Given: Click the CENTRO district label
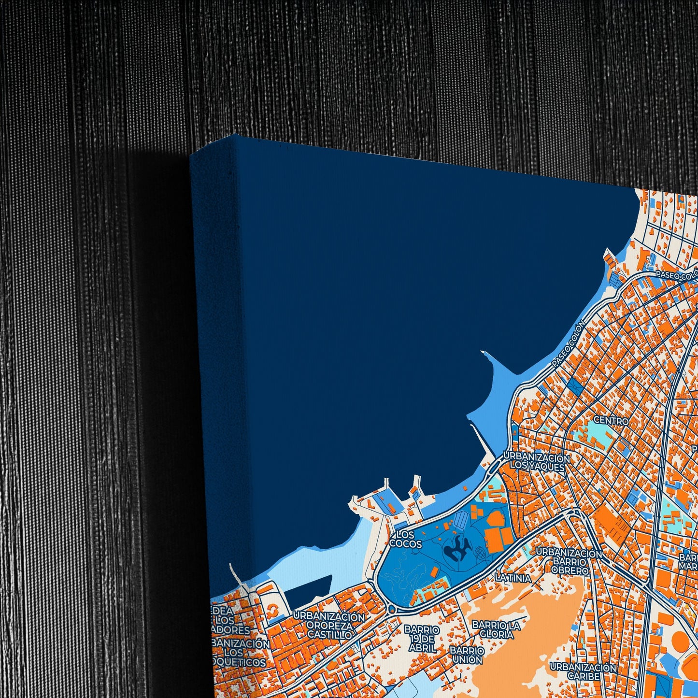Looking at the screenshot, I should (x=611, y=421).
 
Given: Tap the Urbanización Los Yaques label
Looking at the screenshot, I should (x=536, y=462).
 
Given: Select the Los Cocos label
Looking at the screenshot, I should (x=406, y=540).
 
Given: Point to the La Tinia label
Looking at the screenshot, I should (x=513, y=578).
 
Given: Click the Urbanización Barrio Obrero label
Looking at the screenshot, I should (x=569, y=562).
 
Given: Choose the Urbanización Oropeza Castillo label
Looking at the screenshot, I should (x=329, y=626).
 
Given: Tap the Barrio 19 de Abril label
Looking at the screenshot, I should (x=422, y=638).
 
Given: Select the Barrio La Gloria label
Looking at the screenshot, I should (x=496, y=629).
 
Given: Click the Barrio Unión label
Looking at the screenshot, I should (x=467, y=655).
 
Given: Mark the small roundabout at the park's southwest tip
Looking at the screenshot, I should (x=391, y=610).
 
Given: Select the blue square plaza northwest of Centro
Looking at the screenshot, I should (x=575, y=385).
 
